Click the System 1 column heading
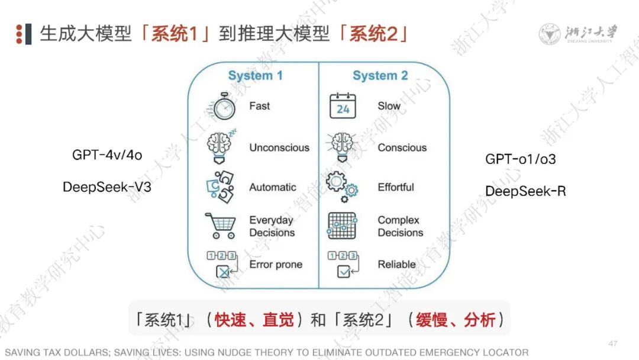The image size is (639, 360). [255, 76]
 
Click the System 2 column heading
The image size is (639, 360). [380, 76]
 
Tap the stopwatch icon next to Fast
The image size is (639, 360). [224, 107]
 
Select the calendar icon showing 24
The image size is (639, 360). [343, 107]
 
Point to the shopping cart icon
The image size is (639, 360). [220, 226]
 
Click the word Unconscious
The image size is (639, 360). [279, 147]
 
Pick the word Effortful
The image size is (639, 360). [396, 187]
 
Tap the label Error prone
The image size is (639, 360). [276, 265]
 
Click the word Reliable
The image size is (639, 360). [396, 265]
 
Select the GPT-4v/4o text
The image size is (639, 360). [107, 156]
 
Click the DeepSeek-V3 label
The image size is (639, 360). [111, 187]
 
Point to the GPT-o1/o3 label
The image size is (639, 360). [521, 159]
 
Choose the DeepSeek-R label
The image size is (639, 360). [525, 191]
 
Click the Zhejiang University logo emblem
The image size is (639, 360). [550, 34]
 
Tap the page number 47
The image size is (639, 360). [614, 344]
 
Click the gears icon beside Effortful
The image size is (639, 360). [342, 184]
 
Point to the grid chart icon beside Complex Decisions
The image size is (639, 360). [342, 226]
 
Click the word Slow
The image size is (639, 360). [389, 106]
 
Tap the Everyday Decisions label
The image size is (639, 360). [272, 226]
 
